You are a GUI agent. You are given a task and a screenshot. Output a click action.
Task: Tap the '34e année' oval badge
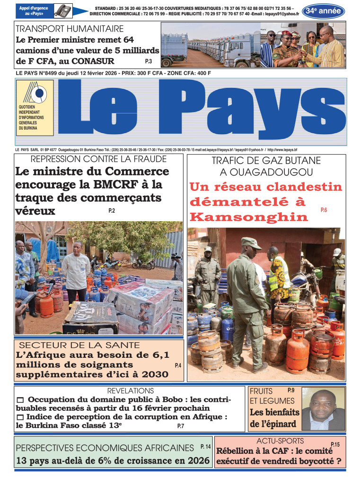pyautogui.click(x=323, y=11)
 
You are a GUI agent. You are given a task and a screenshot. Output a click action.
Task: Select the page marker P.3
pyautogui.click(x=148, y=61)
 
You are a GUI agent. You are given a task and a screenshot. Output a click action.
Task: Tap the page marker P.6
pyautogui.click(x=324, y=209)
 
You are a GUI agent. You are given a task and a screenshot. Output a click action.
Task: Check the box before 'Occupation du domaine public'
pyautogui.click(x=20, y=400)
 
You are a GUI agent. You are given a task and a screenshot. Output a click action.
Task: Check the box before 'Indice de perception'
pyautogui.click(x=20, y=417)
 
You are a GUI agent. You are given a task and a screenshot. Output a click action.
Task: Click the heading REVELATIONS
pyautogui.click(x=131, y=391)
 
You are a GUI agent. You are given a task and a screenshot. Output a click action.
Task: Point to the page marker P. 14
pyautogui.click(x=205, y=446)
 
